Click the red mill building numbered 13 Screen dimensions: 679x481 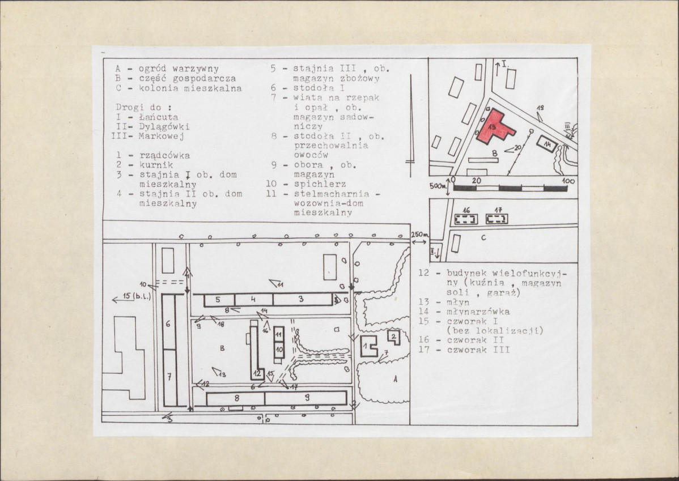pos(494,126)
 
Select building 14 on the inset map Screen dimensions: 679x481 pos(546,144)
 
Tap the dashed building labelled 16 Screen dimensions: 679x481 pos(465,219)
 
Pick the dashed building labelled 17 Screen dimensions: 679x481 pos(496,219)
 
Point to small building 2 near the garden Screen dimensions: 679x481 pos(394,337)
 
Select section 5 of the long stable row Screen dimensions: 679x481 pos(219,300)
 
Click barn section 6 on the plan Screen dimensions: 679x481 pos(168,322)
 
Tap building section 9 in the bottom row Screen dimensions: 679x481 pos(305,398)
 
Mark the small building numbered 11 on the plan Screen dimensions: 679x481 pos(279,334)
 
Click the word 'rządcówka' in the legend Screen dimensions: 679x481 pos(164,155)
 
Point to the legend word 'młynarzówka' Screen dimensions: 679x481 pos(478,312)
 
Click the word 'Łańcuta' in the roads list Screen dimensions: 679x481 pos(159,117)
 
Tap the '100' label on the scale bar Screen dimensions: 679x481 pos(568,181)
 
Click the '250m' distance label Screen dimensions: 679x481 pos(420,234)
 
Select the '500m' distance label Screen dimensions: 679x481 pos(438,186)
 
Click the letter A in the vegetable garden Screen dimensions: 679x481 pos(395,379)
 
